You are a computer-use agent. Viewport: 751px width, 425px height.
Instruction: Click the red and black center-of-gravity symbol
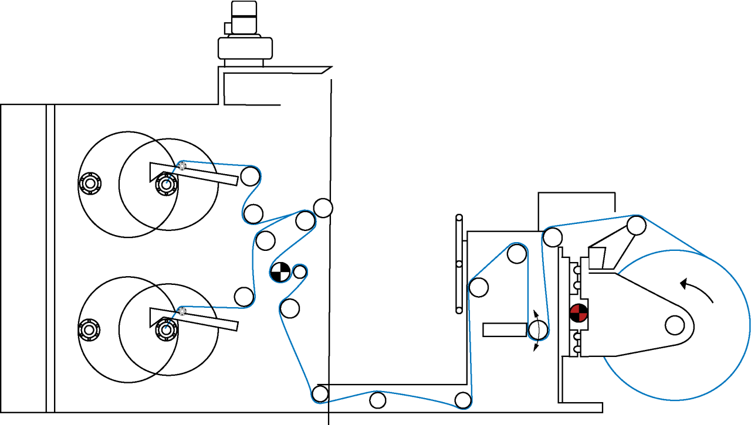coord(579,313)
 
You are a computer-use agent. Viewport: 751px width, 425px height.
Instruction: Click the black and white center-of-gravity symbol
coord(280,272)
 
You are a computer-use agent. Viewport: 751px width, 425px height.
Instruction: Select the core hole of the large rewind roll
coord(675,324)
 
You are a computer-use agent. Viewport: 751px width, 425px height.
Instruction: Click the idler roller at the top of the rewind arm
coord(637,225)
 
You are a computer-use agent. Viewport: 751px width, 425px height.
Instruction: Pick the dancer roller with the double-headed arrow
coord(537,330)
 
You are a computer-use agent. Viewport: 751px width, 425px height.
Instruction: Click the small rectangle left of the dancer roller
coord(504,329)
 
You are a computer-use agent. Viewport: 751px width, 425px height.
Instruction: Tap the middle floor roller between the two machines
coord(378,400)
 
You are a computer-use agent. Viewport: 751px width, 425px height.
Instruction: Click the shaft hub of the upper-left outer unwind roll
coord(89,184)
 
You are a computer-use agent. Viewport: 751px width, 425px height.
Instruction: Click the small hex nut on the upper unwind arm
coord(182,166)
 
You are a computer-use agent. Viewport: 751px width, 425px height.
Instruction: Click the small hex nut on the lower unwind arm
coord(182,311)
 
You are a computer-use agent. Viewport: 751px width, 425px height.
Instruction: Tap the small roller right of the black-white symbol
coord(300,271)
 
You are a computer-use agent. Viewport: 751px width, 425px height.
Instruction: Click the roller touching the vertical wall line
coord(323,208)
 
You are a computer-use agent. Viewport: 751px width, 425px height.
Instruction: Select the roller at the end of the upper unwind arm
coord(250,175)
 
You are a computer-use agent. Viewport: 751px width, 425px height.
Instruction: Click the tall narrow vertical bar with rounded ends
coord(459,263)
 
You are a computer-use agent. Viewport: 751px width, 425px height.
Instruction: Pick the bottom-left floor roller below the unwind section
coord(320,393)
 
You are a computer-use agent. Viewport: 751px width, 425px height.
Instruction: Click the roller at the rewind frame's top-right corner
coord(552,237)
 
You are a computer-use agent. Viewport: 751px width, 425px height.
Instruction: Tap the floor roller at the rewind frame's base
coord(463,400)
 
